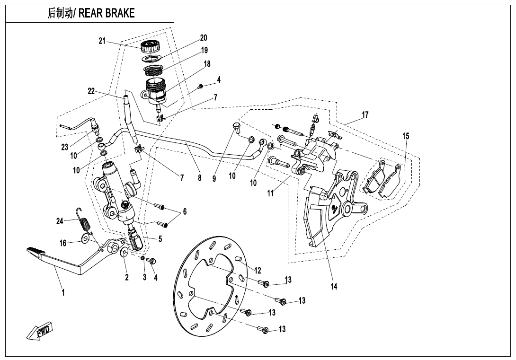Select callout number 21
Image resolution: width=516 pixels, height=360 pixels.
point(102,41)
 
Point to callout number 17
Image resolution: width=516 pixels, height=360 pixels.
point(365,114)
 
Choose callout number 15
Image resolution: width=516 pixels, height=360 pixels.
point(406,136)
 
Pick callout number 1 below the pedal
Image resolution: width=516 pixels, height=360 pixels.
point(63,292)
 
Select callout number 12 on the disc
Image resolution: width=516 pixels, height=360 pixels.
point(258,271)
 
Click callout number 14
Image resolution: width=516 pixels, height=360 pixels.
point(334,286)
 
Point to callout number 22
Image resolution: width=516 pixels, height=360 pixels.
point(91,91)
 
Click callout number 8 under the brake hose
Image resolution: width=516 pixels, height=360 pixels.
point(200,178)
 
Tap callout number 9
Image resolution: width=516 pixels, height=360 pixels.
point(214,178)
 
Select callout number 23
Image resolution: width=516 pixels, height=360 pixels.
point(65,147)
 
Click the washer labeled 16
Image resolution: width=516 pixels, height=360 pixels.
point(86,239)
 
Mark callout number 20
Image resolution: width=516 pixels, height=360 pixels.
point(204,37)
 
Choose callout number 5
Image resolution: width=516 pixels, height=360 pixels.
point(160,239)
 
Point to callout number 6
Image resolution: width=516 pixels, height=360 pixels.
point(185,211)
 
